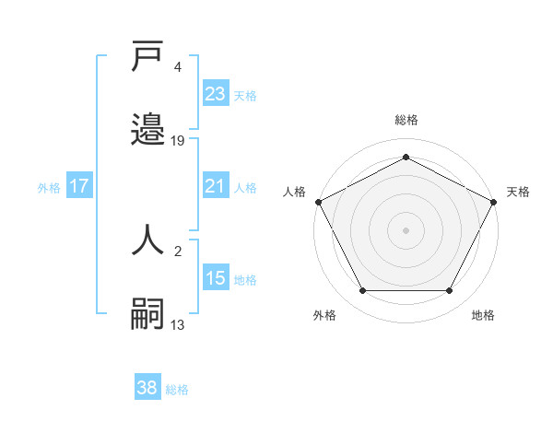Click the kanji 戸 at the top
(x=148, y=56)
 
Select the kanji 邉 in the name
(x=148, y=128)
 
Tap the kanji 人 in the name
(x=148, y=240)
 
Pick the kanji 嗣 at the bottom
(x=148, y=313)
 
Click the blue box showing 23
(x=216, y=94)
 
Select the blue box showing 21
(x=216, y=186)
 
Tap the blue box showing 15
(x=216, y=277)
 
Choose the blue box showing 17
(x=79, y=186)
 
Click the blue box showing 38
(x=147, y=388)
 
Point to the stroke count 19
(x=178, y=141)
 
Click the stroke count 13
(x=178, y=324)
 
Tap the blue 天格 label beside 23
(x=245, y=95)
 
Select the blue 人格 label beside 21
(x=245, y=187)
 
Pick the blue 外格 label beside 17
(x=49, y=187)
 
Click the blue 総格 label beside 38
(x=177, y=389)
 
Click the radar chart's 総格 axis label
(x=406, y=120)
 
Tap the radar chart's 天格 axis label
(x=518, y=192)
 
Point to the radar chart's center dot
(x=406, y=230)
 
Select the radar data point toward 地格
(x=450, y=291)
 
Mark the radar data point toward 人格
(x=318, y=202)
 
